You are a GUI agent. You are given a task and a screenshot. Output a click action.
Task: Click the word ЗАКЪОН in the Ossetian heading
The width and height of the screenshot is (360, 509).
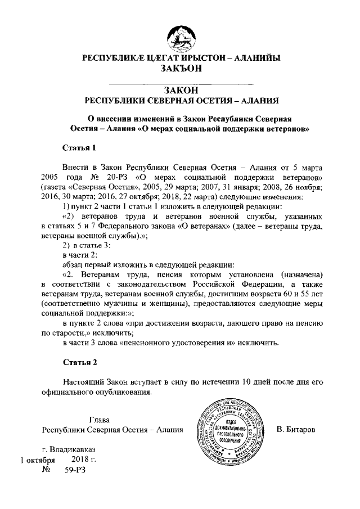tap(179, 69)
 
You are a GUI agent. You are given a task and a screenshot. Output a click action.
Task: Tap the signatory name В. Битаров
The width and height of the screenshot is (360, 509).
tap(296, 430)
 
